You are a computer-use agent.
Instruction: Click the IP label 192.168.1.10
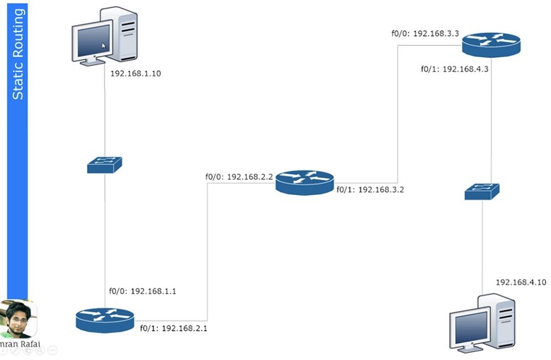136,73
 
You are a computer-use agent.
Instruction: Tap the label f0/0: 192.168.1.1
142,291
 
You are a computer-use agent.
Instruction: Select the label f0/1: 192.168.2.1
174,329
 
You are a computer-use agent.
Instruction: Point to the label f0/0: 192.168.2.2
239,176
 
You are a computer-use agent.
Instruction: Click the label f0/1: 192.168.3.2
370,190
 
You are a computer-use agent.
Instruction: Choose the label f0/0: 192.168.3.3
425,34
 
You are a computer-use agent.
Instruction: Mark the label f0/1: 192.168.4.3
455,69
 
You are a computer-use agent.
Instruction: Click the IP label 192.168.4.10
521,282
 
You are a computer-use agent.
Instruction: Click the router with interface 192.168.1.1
105,320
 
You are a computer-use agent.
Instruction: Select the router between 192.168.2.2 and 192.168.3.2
305,182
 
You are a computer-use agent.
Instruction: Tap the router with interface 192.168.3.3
491,45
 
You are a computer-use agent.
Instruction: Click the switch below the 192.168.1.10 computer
104,165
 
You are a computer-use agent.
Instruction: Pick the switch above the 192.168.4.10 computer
482,192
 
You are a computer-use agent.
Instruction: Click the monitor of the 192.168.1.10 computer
93,43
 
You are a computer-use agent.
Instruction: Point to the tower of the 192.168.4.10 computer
496,321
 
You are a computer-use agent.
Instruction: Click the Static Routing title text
18,54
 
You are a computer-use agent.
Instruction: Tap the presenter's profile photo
18,319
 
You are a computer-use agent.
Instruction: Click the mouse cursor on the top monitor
104,46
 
